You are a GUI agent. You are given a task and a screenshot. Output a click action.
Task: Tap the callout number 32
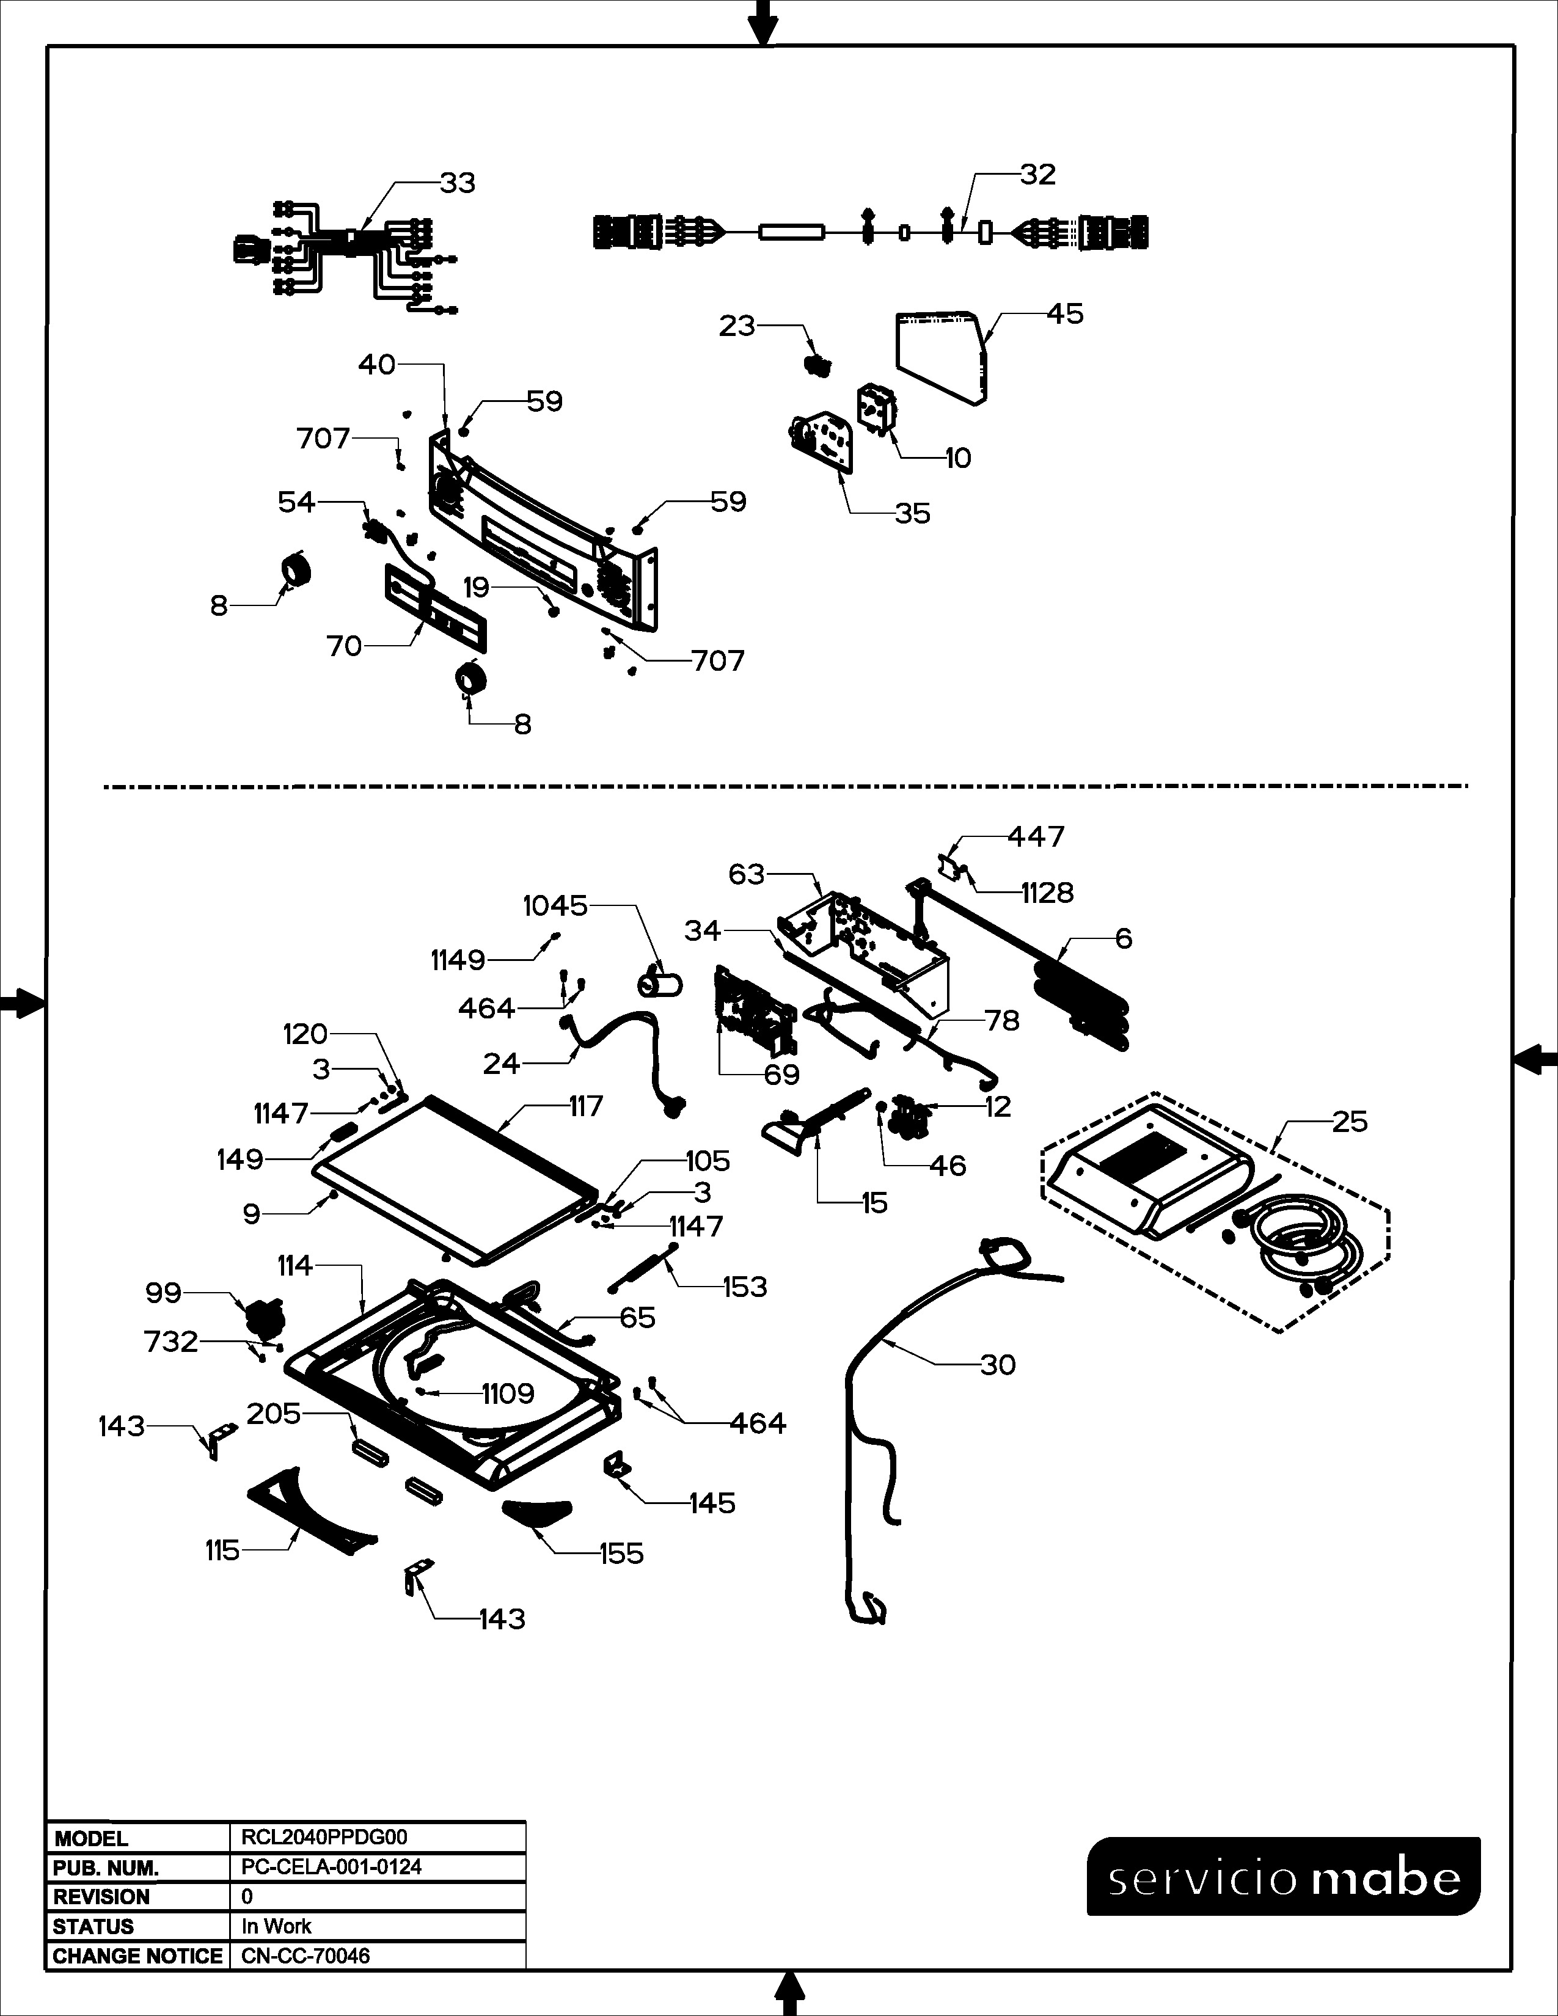1037,175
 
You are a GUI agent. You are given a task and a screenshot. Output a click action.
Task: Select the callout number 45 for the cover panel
1065,314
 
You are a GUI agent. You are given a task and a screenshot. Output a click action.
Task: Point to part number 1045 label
555,907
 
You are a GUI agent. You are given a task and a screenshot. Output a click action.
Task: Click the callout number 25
1350,1122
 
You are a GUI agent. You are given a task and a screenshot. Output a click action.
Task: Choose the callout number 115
222,1550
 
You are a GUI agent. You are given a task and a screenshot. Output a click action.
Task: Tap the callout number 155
621,1555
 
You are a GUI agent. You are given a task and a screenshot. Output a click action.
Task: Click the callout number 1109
508,1394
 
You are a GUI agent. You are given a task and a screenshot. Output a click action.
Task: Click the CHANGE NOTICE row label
137,1956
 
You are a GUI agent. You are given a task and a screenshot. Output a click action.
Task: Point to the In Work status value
276,1926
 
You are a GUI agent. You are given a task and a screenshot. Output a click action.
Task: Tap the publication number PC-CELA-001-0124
331,1868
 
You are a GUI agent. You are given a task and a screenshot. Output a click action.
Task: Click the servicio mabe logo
1283,1880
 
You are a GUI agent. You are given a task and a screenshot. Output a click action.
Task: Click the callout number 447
1036,836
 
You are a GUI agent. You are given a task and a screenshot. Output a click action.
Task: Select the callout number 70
344,646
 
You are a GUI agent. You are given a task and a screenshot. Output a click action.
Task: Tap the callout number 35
912,514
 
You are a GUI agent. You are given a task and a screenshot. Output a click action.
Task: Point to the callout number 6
1123,939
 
